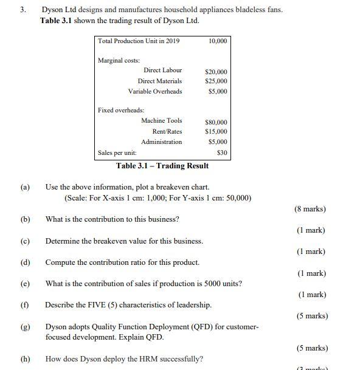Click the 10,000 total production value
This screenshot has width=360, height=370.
coord(217,41)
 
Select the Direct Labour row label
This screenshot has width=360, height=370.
coord(162,70)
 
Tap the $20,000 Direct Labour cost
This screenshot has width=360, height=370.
coord(216,72)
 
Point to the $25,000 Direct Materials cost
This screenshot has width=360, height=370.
coord(216,81)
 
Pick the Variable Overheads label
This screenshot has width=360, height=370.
coord(154,92)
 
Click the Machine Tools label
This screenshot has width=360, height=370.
coord(161,120)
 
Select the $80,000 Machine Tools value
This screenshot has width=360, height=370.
coord(216,122)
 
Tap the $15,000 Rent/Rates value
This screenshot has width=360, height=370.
coord(216,131)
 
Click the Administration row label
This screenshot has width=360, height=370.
coord(161,142)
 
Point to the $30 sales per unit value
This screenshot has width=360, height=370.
coord(222,152)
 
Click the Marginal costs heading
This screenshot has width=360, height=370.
coord(119,60)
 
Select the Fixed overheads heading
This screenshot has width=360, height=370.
coord(121,110)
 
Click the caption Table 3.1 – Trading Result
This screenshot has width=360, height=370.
coord(162,166)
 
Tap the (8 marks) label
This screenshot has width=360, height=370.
coord(310,209)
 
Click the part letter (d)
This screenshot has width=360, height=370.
coord(25,262)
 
